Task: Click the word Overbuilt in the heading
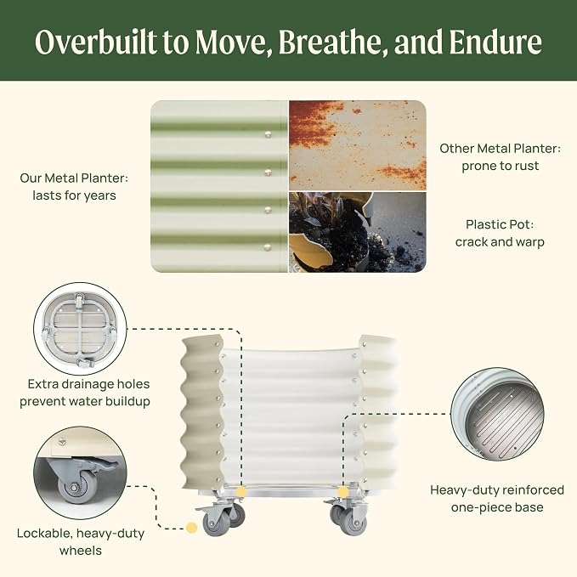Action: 96,42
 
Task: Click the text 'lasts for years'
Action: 74,195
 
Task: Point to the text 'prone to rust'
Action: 500,166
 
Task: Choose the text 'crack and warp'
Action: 500,242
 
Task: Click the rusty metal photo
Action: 358,145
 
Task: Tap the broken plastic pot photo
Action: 358,232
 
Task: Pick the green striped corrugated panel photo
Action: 219,186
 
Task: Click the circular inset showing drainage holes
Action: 80,329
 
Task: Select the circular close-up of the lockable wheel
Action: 80,472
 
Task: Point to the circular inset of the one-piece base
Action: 497,414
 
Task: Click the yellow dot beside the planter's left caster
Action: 191,528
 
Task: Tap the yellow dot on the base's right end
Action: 342,492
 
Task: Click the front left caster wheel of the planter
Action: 216,523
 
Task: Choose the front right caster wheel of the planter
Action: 354,523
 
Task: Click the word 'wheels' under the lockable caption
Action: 81,551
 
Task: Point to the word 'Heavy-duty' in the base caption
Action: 464,490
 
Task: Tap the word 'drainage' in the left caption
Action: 88,384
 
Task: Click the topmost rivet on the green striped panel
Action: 269,134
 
